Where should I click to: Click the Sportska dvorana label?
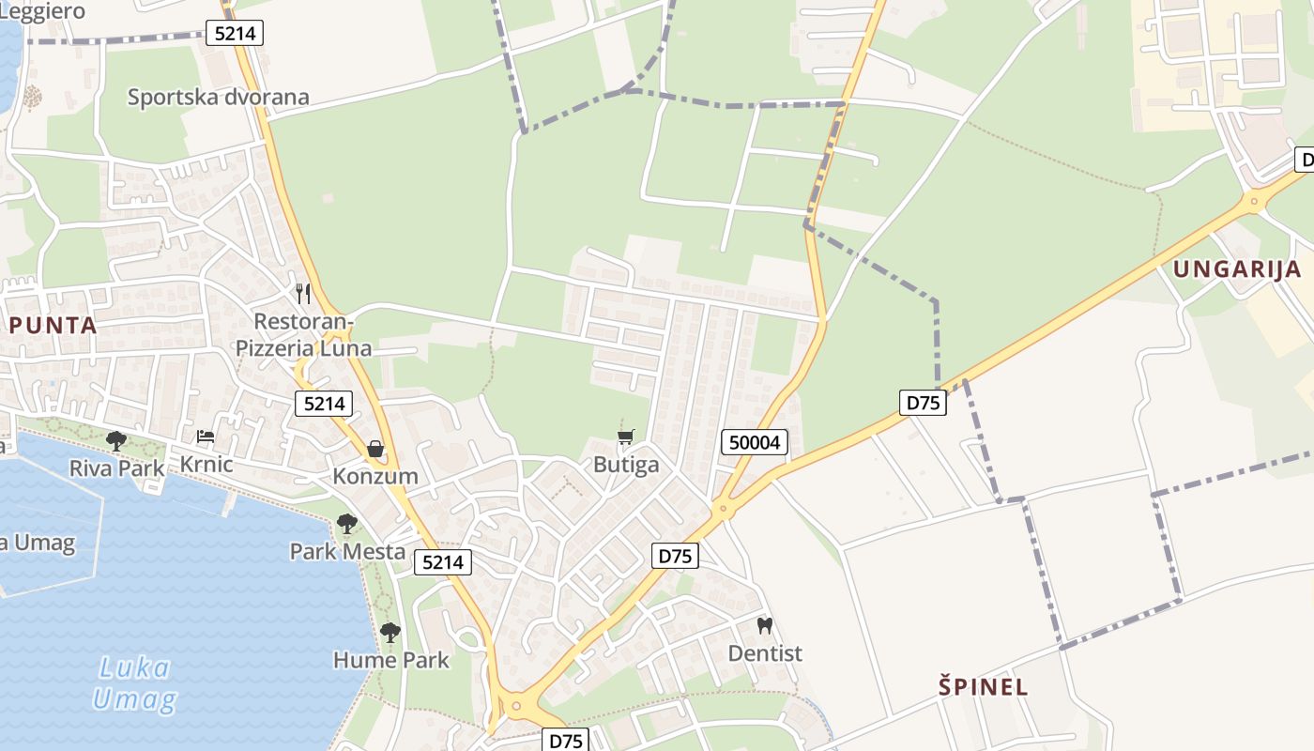pos(218,97)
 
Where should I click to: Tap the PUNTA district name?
pos(53,326)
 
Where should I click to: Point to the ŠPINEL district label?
pos(984,686)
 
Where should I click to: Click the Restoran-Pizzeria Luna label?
pos(303,335)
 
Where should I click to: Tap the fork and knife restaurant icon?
pos(303,294)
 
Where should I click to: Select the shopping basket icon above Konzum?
pos(375,449)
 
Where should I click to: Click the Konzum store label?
pos(375,476)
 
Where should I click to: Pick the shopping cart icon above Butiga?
pos(626,437)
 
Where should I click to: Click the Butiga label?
pos(626,465)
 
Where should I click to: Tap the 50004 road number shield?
pos(755,442)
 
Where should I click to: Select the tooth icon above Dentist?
pos(765,624)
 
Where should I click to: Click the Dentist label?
pos(765,652)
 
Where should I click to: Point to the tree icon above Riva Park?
pos(116,439)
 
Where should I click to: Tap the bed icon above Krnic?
pos(205,437)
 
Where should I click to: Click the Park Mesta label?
pos(347,551)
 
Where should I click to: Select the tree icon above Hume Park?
pos(390,633)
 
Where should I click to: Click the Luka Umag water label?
pos(135,683)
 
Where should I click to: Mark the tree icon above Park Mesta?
pos(347,523)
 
